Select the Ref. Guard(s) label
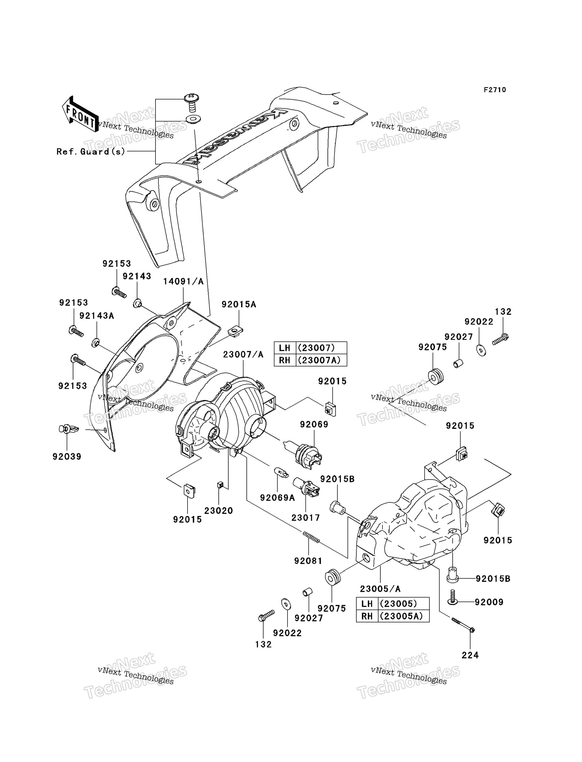tap(91, 152)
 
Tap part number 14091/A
tap(183, 281)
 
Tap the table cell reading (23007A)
tap(321, 360)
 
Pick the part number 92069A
tap(277, 498)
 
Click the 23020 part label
tap(219, 511)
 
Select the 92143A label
tap(97, 316)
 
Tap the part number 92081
tap(308, 561)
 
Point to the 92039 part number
tap(67, 457)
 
